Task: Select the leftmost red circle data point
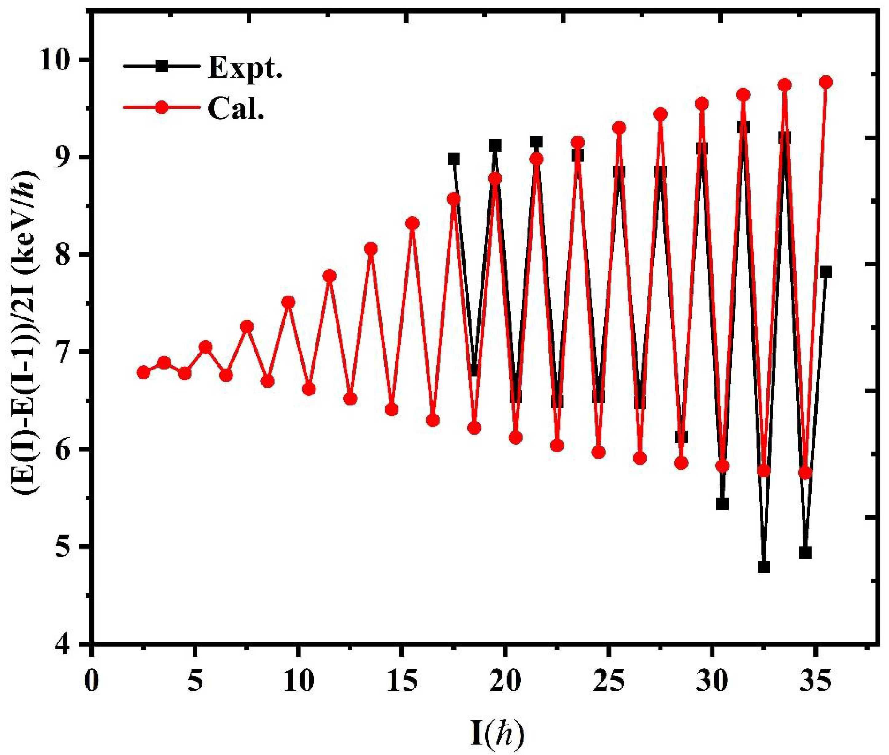click(x=144, y=372)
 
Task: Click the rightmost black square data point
click(x=826, y=272)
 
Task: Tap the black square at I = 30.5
click(x=722, y=504)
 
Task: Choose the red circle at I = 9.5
click(x=288, y=303)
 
